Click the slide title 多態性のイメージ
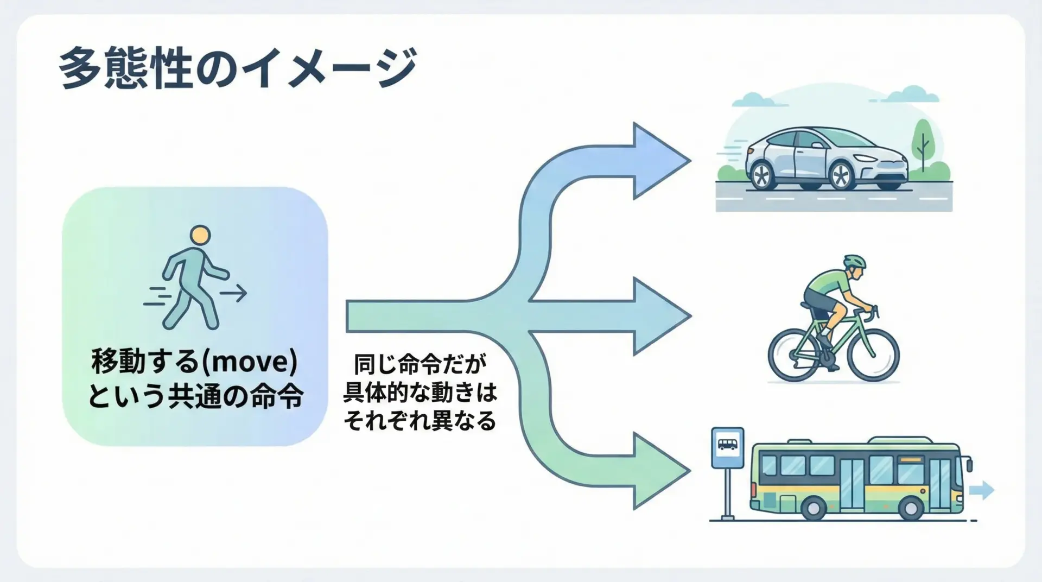237,69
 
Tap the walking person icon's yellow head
200,236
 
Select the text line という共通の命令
195,397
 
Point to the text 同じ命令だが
420,364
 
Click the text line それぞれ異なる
420,421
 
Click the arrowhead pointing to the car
659,161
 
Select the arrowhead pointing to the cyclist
660,316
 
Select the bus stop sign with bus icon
727,447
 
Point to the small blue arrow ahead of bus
981,490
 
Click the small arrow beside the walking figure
233,294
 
